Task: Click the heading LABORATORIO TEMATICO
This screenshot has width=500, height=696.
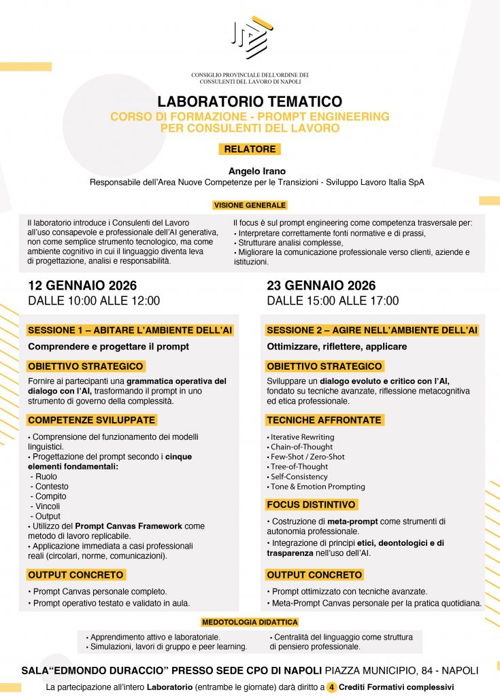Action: [250, 102]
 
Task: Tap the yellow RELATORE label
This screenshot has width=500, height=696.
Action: [250, 149]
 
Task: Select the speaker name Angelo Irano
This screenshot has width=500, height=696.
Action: [250, 172]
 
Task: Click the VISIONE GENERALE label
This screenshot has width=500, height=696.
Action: [250, 205]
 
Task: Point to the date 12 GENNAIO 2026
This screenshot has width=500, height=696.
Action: [82, 285]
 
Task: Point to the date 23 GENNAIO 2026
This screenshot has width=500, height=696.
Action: [321, 285]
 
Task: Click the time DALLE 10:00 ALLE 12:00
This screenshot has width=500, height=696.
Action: [94, 300]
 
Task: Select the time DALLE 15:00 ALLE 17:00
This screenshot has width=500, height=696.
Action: [333, 300]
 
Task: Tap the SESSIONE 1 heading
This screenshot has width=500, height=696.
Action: [130, 330]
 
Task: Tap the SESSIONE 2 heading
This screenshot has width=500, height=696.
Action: [372, 330]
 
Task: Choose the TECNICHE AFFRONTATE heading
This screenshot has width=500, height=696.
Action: [324, 420]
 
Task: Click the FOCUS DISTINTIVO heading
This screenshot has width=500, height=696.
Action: [311, 505]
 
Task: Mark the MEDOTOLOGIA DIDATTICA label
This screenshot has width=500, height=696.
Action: [250, 621]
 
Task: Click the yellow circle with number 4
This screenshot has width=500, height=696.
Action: [332, 687]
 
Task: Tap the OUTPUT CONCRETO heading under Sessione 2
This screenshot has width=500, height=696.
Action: [314, 575]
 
